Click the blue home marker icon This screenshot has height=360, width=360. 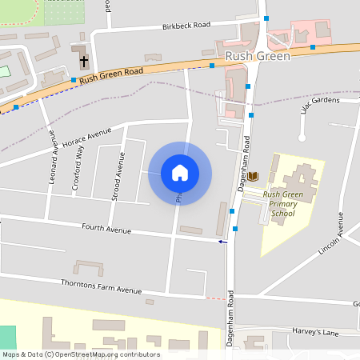click(x=179, y=172)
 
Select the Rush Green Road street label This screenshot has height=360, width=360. click(x=111, y=73)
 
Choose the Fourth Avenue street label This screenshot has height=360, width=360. click(x=106, y=230)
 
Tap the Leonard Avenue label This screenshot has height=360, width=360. click(x=54, y=157)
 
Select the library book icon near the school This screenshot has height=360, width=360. click(x=254, y=175)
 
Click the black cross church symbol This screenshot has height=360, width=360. click(x=83, y=60)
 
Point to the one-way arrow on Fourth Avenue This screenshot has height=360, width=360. click(x=222, y=241)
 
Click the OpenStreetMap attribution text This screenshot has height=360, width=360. click(x=80, y=354)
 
